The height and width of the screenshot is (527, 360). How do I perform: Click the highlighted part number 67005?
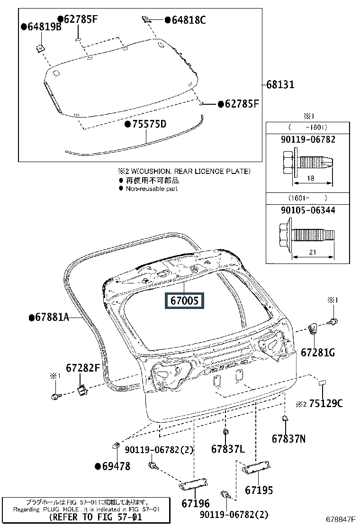point(184,300)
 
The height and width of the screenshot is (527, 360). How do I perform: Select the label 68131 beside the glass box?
point(280,85)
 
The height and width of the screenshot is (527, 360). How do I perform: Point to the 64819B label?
point(44,27)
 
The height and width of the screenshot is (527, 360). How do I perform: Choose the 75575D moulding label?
point(149,124)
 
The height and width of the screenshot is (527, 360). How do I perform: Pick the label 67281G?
point(318,353)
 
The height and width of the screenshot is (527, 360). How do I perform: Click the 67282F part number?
point(83,367)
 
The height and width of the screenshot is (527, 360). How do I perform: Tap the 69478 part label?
point(116,466)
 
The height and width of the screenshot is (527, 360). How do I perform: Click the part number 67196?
point(195,503)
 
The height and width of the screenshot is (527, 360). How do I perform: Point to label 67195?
point(259,491)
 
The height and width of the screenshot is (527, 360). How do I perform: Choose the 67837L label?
point(228,448)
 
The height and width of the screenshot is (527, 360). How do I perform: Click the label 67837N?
point(288,439)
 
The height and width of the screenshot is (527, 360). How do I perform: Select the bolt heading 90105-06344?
point(308,209)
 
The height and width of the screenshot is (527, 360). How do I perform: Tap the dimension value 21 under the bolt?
point(312,253)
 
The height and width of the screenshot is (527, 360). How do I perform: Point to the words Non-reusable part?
point(152,188)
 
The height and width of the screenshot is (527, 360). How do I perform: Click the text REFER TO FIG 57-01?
point(95,517)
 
